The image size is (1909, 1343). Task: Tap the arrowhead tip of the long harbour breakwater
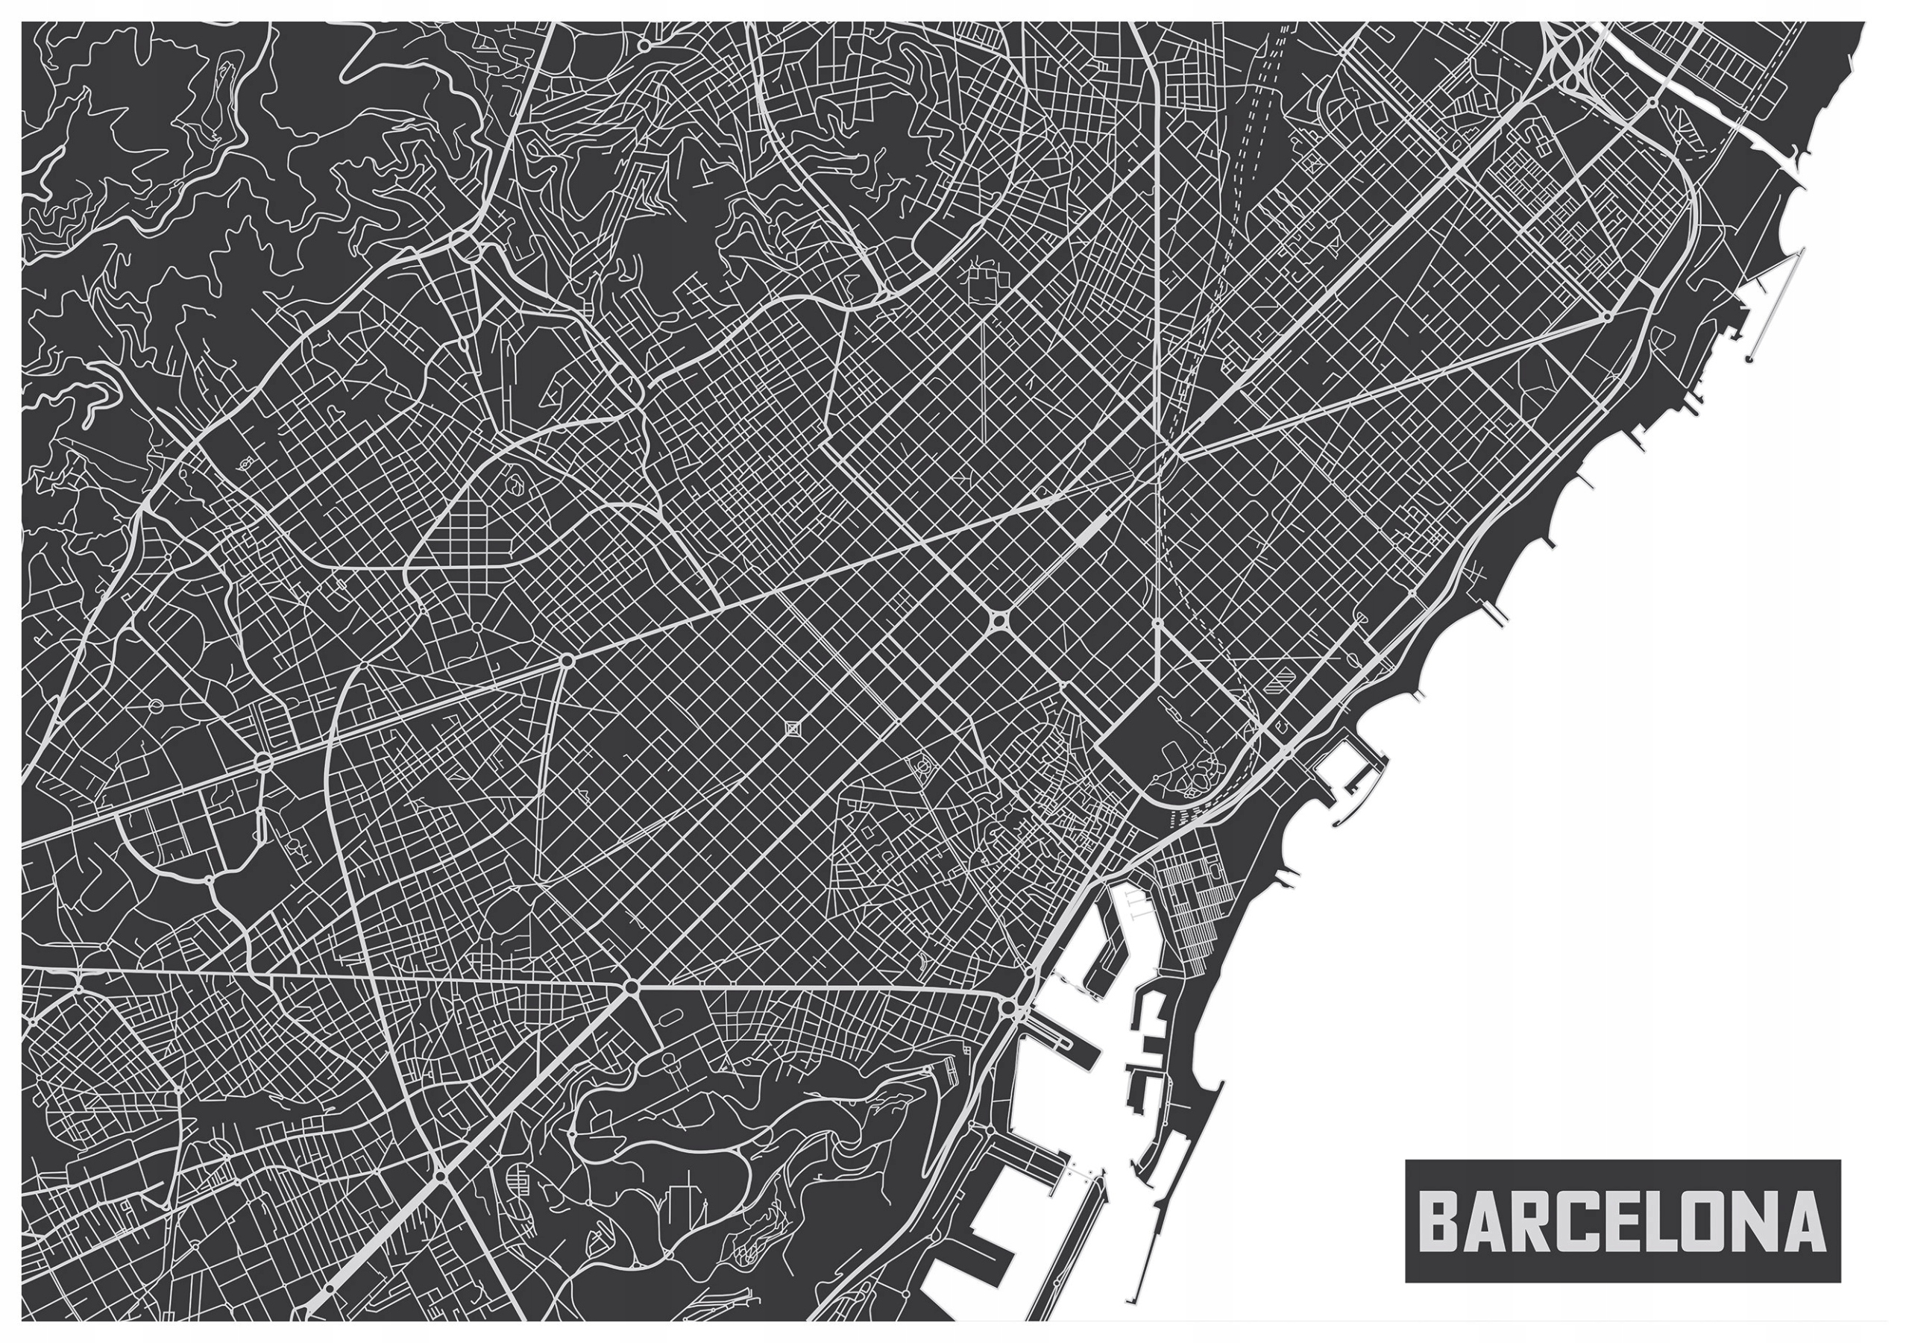coord(1221,1083)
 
